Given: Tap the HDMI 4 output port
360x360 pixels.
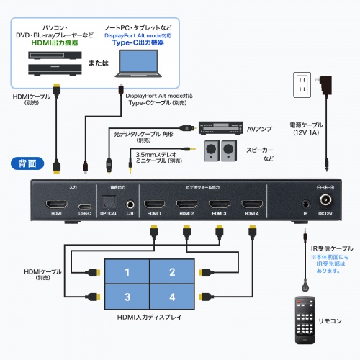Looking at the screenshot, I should tap(251, 204).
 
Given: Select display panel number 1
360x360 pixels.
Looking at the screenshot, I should tap(127, 272).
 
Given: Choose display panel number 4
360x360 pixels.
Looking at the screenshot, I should tap(172, 296).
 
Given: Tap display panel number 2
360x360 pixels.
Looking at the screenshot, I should tap(172, 272).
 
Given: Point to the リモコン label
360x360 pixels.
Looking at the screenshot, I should tap(331, 320).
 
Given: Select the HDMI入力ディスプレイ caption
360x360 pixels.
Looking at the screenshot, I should tap(149, 318).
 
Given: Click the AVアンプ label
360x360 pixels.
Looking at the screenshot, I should tap(259, 130).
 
